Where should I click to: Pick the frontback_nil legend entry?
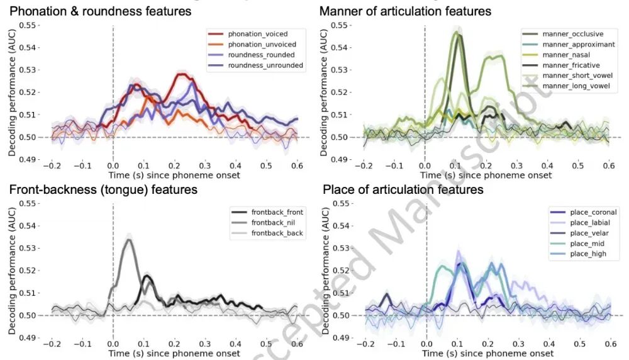(x=272, y=223)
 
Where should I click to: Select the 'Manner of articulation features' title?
(x=405, y=11)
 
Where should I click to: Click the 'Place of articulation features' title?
(x=403, y=189)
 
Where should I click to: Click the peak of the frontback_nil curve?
(x=129, y=239)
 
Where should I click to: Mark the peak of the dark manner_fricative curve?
(x=459, y=34)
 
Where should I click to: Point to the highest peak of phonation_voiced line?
(x=182, y=74)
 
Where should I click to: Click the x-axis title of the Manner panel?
(x=486, y=175)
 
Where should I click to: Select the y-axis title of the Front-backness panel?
(x=11, y=271)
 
